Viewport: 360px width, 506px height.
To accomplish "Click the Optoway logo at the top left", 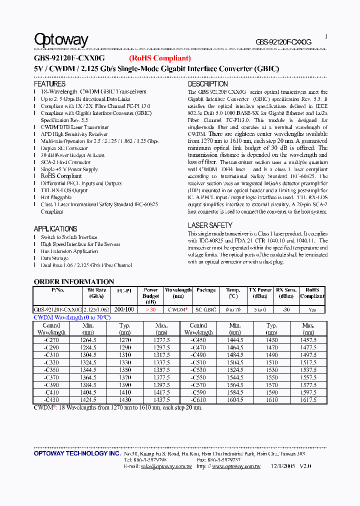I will tap(61, 40).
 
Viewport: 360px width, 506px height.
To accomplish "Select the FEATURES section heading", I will tap(49, 84).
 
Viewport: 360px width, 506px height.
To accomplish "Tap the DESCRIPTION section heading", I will tap(207, 84).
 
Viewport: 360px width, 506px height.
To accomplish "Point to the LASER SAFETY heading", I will tap(210, 225).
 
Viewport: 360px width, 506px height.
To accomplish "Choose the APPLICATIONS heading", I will tap(55, 229).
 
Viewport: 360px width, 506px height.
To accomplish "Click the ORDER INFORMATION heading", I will tap(73, 281).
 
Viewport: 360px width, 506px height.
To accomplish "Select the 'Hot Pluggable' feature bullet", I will tap(56, 197).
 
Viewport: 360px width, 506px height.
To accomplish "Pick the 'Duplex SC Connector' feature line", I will tap(64, 148).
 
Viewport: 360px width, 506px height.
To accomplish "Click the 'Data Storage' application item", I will tap(54, 258).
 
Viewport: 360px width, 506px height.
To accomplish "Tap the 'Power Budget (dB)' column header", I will tap(151, 296).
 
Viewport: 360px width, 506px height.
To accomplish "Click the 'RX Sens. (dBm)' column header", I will tap(286, 293).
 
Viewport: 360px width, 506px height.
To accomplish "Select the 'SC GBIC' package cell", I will tap(206, 310).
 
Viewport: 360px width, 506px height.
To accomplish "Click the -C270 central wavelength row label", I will tap(51, 339).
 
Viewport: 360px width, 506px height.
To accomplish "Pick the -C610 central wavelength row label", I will tap(198, 400).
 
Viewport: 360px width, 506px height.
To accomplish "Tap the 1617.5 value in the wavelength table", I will tap(308, 400).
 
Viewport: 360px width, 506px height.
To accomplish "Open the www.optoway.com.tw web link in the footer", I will tap(236, 466).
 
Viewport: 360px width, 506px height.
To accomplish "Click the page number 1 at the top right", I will tap(326, 36).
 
